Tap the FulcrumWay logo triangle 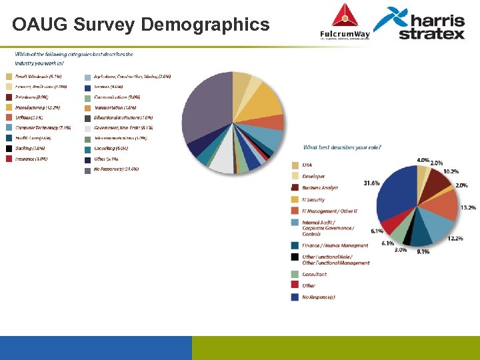pyautogui.click(x=345, y=15)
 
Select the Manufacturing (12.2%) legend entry pyautogui.click(x=38, y=107)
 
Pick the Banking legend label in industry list pyautogui.click(x=31, y=148)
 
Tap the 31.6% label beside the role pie pyautogui.click(x=371, y=182)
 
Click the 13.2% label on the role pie pyautogui.click(x=468, y=207)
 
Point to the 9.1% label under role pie pyautogui.click(x=423, y=251)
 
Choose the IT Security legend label pyautogui.click(x=313, y=199)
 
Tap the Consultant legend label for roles pyautogui.click(x=314, y=274)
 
